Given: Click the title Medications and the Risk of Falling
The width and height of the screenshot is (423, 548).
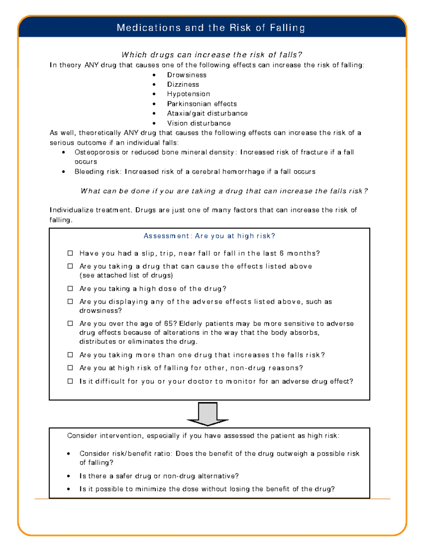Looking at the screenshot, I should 211,28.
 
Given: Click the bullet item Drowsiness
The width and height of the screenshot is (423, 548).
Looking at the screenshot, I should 186,75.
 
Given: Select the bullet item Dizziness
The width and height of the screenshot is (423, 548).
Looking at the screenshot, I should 183,84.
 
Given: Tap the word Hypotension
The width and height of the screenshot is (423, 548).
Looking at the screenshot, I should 188,94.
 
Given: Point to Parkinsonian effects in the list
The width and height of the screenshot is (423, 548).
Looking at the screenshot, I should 202,104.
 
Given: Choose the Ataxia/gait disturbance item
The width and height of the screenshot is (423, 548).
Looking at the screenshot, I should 207,113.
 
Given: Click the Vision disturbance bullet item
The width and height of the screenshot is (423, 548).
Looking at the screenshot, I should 199,123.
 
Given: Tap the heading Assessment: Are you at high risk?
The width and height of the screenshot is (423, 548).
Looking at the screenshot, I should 209,236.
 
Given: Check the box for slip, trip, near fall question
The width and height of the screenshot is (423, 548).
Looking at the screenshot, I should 70,253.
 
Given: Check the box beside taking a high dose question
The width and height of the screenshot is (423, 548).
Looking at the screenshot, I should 70,288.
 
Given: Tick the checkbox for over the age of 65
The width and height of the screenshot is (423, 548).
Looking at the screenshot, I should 70,323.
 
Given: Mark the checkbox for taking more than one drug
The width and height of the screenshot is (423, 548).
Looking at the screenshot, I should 70,355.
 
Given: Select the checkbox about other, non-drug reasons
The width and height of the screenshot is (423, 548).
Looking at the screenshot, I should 70,368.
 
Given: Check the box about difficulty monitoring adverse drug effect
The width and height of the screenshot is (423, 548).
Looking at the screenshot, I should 70,381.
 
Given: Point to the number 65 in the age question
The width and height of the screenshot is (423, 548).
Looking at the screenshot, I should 168,324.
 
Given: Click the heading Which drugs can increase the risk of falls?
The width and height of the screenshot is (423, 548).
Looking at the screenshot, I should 211,55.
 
